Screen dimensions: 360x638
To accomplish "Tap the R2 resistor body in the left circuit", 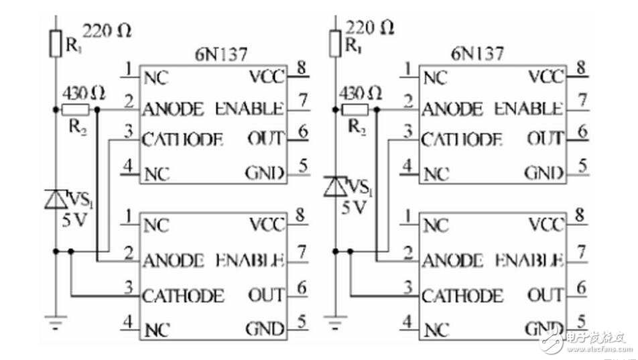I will (75, 109).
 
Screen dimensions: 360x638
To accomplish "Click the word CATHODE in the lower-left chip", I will (183, 295).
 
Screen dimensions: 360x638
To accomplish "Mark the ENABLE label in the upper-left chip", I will (250, 108).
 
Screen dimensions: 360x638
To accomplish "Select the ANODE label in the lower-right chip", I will (453, 260).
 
